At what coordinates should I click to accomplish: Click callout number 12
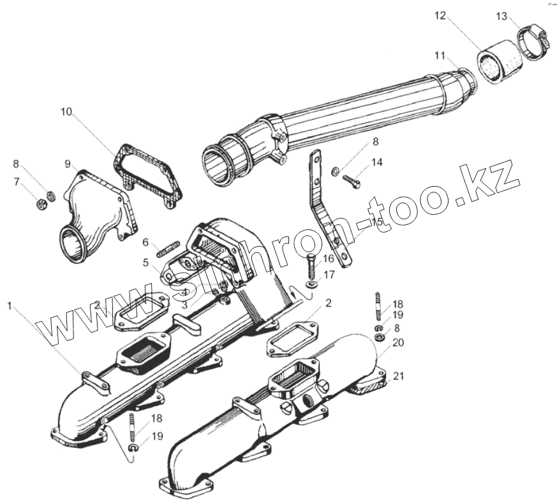tap(441, 16)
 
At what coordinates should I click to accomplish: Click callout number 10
tap(66, 112)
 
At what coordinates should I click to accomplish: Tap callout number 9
tap(67, 164)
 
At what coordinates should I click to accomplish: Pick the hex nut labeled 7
tap(40, 205)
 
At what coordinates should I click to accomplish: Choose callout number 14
tap(377, 162)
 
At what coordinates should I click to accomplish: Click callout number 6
tap(145, 242)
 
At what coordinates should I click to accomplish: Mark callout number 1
tap(10, 306)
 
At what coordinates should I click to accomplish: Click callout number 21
tap(398, 376)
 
